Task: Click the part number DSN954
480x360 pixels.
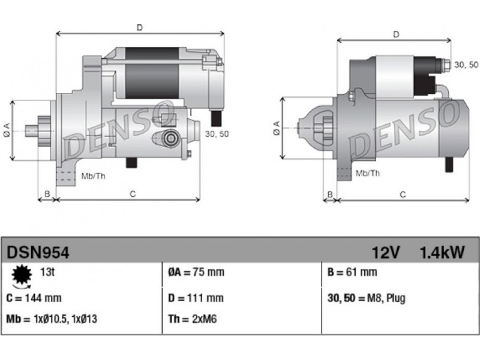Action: click(x=38, y=253)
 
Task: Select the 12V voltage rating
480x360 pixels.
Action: click(x=386, y=253)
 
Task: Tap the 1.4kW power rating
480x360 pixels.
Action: click(x=442, y=253)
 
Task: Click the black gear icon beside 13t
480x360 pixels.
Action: click(x=22, y=275)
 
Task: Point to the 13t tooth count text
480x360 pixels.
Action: click(x=47, y=272)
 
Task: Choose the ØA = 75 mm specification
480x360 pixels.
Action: click(x=196, y=272)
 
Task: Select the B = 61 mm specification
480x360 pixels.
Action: click(x=352, y=272)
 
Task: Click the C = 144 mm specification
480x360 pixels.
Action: click(x=34, y=298)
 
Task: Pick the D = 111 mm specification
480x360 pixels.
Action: click(x=196, y=298)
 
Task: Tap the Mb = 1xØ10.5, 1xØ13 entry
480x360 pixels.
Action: click(x=52, y=319)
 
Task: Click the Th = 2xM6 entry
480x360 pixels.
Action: click(x=192, y=319)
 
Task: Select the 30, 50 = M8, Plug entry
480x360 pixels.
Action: click(x=367, y=298)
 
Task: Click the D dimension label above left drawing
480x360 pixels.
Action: click(x=140, y=28)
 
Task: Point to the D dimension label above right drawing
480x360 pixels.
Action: click(x=396, y=34)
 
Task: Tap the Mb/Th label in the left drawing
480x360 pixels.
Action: click(x=94, y=176)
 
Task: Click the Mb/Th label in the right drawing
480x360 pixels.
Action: click(x=368, y=173)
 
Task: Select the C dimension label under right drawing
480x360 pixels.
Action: click(x=403, y=194)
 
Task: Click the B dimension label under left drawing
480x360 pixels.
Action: click(x=47, y=194)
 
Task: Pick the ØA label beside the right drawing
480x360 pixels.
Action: click(x=277, y=128)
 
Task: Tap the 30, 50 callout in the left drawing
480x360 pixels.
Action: click(x=217, y=134)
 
